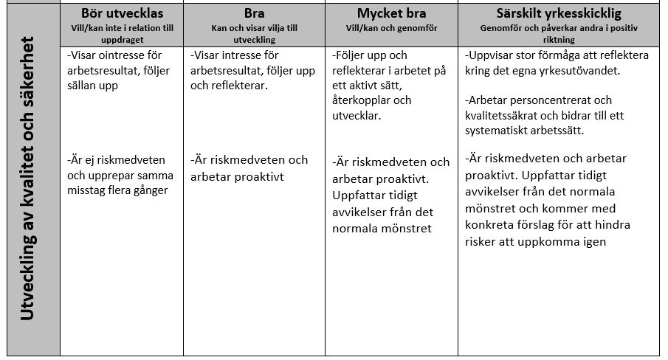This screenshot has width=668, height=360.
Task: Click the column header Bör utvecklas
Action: point(122,13)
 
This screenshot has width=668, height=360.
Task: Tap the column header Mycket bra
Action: point(391,13)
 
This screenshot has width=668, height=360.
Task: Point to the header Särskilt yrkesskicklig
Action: point(559,13)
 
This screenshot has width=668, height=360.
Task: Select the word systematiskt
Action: point(503,131)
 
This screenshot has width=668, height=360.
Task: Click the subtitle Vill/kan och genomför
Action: point(391,27)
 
